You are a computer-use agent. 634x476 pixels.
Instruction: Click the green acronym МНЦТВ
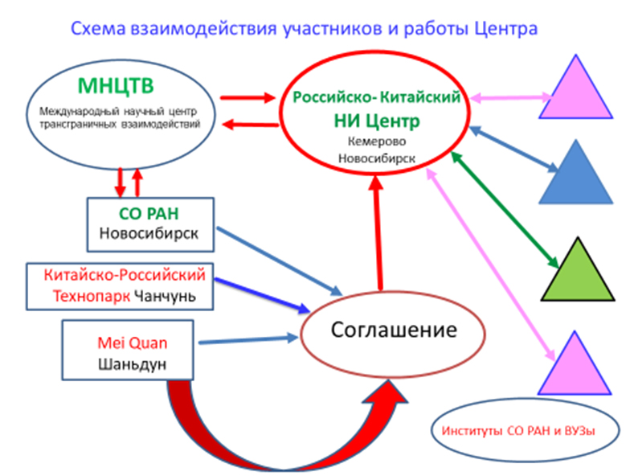(x=116, y=86)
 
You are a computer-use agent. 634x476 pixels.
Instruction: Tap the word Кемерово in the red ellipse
(x=376, y=142)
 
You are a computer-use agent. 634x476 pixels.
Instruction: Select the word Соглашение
(x=394, y=330)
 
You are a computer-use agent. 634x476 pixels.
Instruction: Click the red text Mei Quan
(x=133, y=343)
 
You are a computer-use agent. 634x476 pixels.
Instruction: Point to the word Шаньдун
(x=133, y=364)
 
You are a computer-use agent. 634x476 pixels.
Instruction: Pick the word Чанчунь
(x=165, y=296)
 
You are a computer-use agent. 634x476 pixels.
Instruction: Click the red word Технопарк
(x=92, y=296)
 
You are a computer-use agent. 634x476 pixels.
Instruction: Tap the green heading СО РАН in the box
(x=149, y=214)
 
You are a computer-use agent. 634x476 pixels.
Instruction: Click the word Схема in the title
(x=98, y=29)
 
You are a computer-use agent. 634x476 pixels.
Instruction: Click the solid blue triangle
(x=576, y=171)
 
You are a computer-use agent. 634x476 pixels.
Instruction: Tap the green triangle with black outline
(x=578, y=269)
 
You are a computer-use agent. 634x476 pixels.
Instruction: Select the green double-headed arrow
(x=505, y=210)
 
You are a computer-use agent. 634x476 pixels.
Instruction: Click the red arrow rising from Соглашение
(x=378, y=232)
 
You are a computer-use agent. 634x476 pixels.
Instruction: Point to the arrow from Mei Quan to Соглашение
(x=248, y=339)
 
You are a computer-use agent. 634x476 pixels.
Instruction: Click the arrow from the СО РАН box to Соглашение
(x=280, y=261)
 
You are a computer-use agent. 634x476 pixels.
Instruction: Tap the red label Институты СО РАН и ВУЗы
(x=518, y=431)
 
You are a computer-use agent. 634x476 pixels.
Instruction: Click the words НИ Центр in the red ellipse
(x=376, y=121)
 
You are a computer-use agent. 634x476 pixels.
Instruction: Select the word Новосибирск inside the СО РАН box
(x=149, y=233)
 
